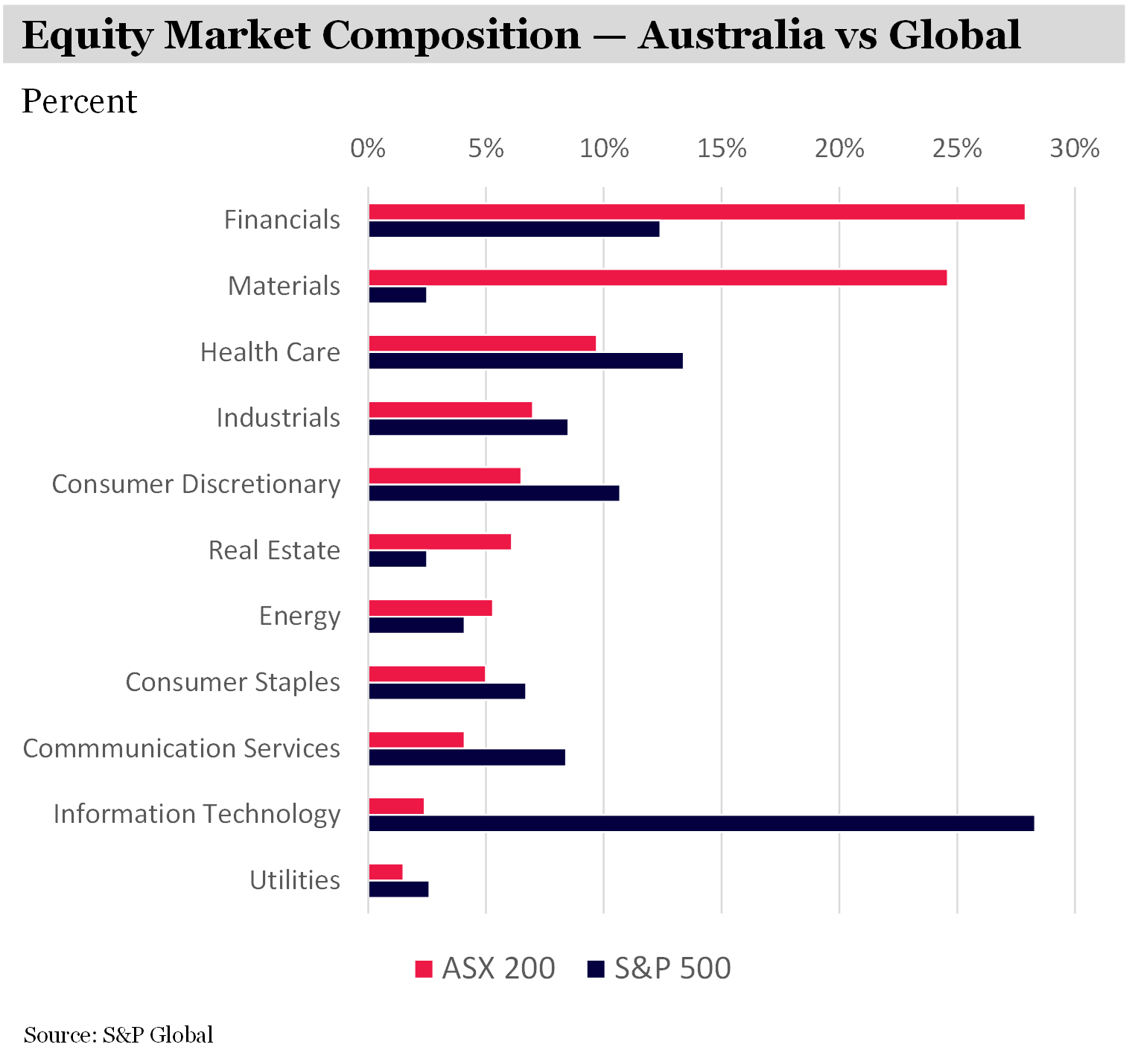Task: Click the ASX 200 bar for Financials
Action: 696,211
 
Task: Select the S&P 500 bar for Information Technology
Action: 701,823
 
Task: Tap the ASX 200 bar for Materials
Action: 658,278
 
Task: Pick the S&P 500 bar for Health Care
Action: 526,361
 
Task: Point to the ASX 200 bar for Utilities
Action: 386,872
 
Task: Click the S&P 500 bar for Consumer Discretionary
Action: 494,493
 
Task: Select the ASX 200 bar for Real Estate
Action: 439,541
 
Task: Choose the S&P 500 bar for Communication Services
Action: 467,757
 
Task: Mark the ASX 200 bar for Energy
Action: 430,608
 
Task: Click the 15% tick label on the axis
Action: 721,149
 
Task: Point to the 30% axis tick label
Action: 1074,149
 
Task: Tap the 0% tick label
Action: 368,149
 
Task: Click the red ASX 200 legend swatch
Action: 424,969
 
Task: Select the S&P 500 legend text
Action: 672,968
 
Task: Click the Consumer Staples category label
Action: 232,682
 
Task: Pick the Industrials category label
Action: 278,418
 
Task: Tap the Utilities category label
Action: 295,880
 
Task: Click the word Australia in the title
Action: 730,35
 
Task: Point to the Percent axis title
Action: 80,101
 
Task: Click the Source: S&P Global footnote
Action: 118,1034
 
